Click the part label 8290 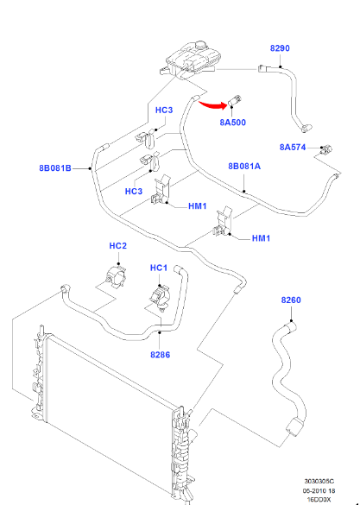pos(280,48)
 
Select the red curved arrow pos(212,105)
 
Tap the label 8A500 pos(232,123)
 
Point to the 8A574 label pos(293,148)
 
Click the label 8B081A pos(244,167)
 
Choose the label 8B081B pos(55,167)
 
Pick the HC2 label pos(118,246)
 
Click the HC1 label pos(159,268)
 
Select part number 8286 pos(160,355)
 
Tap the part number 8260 pos(291,300)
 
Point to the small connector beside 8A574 pos(325,149)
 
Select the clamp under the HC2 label pos(116,276)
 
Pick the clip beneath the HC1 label pos(161,297)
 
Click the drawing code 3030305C pos(319,481)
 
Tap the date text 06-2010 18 pos(319,491)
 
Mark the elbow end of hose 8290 pos(304,128)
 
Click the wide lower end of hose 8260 pos(294,427)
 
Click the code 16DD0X pos(319,500)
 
